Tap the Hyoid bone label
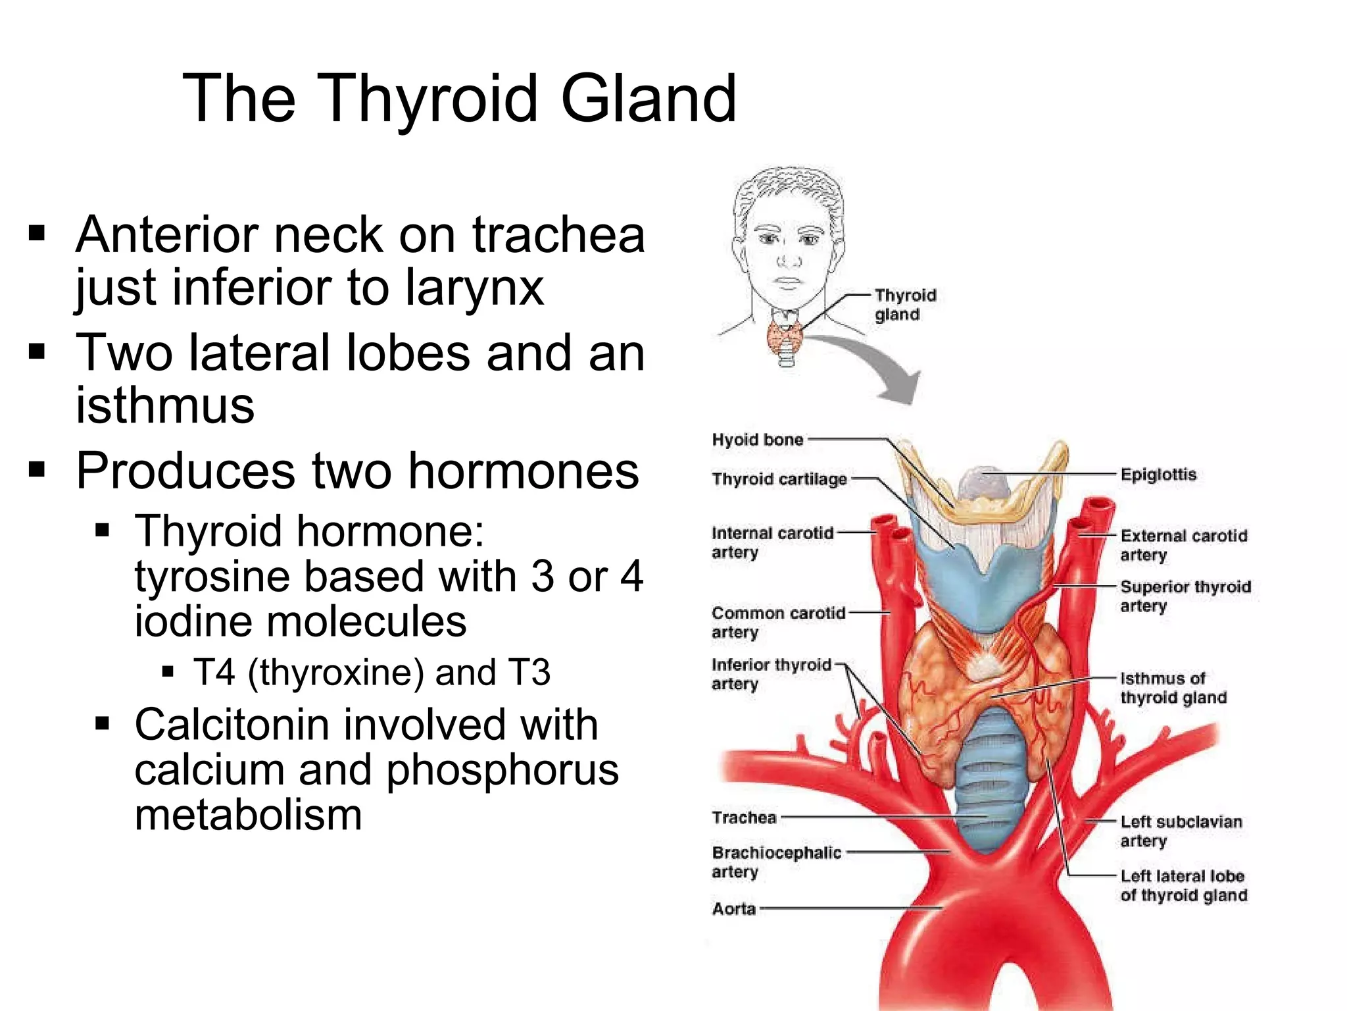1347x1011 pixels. coord(757,440)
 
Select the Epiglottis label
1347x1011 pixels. coord(1158,475)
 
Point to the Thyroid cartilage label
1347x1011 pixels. coord(779,479)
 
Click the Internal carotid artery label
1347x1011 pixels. coord(771,542)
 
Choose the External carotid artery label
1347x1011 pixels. coord(1183,545)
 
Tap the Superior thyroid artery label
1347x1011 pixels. coord(1185,596)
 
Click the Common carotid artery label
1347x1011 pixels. coord(778,622)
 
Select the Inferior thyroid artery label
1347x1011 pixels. coord(771,674)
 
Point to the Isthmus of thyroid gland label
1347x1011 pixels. coord(1173,688)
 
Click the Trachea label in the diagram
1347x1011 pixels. coord(744,817)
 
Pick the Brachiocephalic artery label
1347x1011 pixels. coord(776,862)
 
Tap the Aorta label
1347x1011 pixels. coord(733,909)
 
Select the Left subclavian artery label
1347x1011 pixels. coord(1181,831)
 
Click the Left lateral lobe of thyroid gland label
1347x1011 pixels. coord(1183,885)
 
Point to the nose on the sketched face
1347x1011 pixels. coord(789,257)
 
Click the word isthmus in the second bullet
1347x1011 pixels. coord(165,405)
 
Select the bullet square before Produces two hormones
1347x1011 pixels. coord(37,470)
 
